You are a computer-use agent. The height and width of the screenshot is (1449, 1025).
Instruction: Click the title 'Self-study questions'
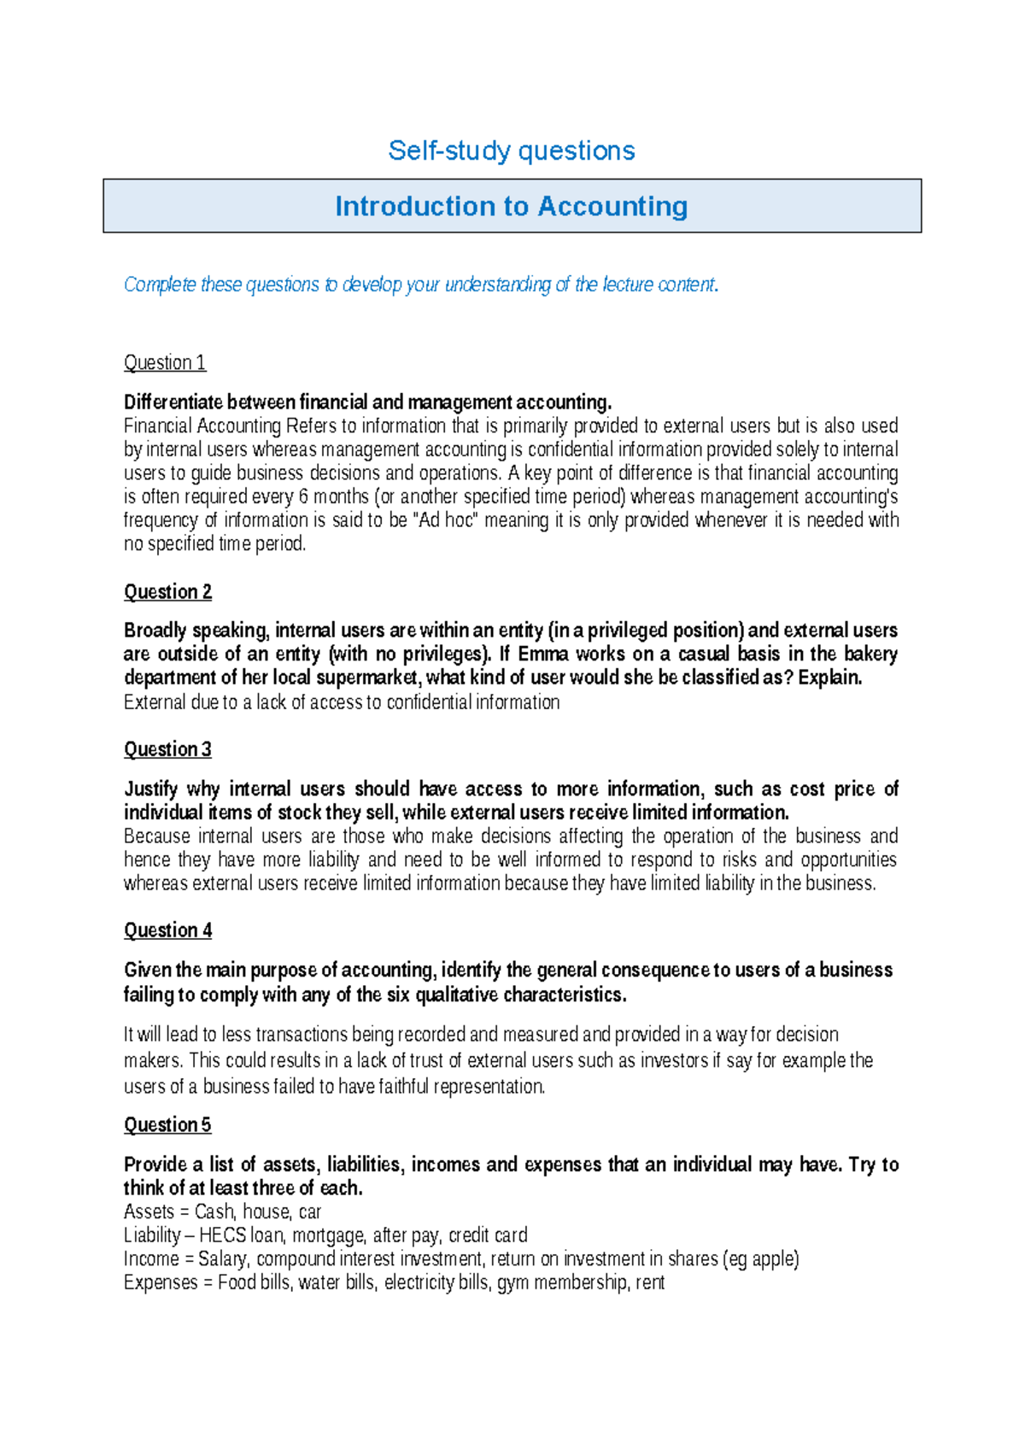512,151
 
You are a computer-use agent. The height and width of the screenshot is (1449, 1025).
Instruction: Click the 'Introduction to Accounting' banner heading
512,207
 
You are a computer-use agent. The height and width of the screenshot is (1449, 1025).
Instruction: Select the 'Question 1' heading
165,363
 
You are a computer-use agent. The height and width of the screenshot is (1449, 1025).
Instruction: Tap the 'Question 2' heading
167,592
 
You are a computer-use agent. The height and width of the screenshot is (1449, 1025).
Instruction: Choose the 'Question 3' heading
167,750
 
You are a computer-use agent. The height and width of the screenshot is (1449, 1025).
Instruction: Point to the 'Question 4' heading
167,930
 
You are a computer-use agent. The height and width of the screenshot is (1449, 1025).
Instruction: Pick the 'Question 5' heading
167,1125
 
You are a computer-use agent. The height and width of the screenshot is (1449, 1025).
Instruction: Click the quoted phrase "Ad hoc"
445,520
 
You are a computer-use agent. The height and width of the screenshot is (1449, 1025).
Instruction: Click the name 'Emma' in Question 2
543,654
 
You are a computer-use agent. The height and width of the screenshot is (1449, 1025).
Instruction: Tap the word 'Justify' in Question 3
151,789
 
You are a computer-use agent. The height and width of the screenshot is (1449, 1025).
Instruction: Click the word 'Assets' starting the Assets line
149,1212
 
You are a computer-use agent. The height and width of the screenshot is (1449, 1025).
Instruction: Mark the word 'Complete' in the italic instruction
160,285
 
